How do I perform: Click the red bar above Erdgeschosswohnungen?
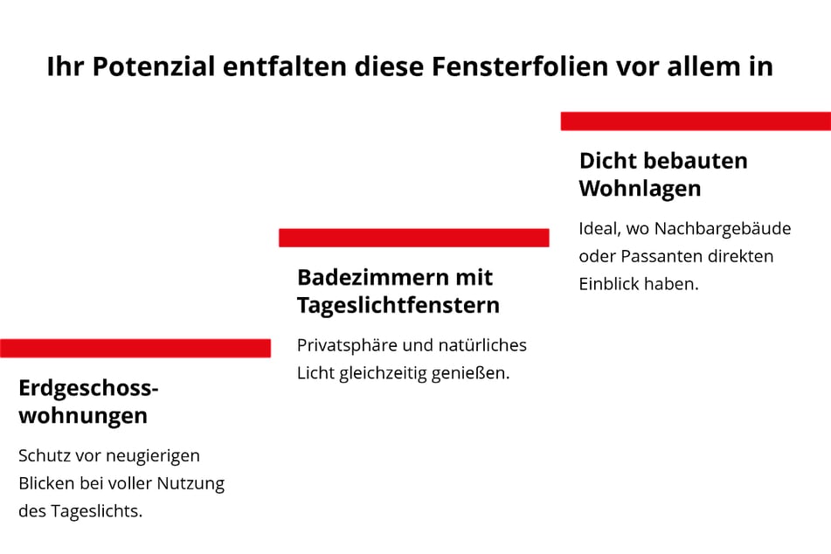(x=135, y=348)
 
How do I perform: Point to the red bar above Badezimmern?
(x=413, y=238)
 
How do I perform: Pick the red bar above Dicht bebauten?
(x=696, y=121)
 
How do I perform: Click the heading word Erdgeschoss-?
(x=88, y=388)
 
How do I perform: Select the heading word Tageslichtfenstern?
(x=398, y=305)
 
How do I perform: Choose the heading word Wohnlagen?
(x=640, y=188)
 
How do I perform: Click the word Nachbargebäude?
(x=723, y=229)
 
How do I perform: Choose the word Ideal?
(x=598, y=229)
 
